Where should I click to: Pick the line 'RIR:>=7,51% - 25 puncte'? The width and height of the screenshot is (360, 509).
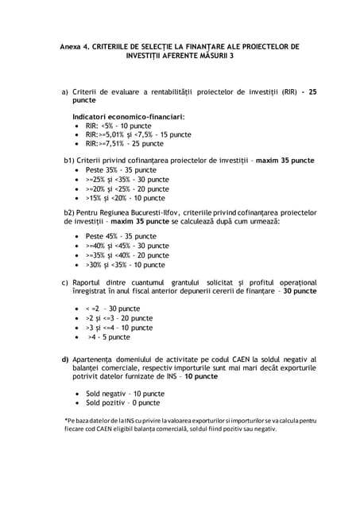pyautogui.click(x=125, y=144)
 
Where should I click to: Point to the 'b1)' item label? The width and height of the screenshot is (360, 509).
pyautogui.click(x=70, y=161)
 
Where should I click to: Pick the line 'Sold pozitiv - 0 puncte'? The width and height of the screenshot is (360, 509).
pyautogui.click(x=122, y=403)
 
